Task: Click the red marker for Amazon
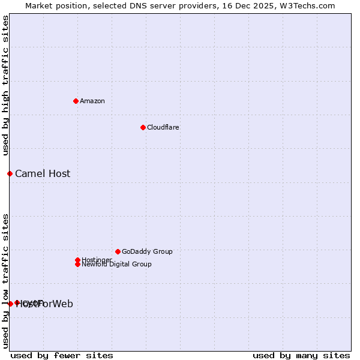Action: click(76, 101)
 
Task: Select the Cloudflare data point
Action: click(143, 127)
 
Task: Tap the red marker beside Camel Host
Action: click(10, 173)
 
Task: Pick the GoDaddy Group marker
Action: click(118, 251)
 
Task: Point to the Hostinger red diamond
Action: click(77, 260)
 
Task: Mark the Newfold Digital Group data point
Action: click(77, 264)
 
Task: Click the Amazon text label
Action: click(92, 101)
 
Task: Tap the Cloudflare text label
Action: click(163, 127)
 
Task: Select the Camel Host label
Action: click(43, 174)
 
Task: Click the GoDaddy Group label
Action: click(147, 251)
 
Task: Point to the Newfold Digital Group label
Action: click(116, 264)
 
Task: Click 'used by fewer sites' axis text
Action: click(62, 355)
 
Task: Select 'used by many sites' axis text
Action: click(301, 355)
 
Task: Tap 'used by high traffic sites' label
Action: click(5, 85)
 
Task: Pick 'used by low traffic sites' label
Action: click(5, 281)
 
